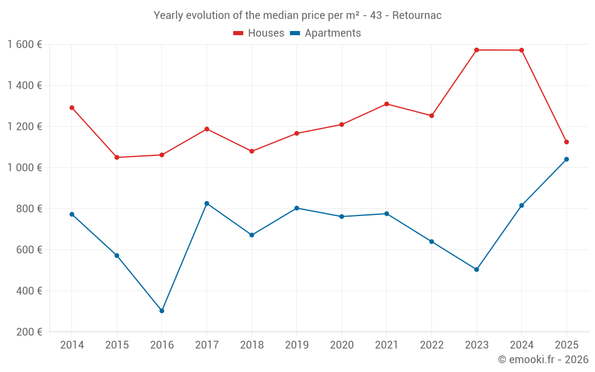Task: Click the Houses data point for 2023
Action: pos(477,50)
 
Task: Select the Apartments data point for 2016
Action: pos(162,311)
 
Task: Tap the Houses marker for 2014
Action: pos(72,108)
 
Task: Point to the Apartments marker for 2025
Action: pos(566,159)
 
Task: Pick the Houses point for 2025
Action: pos(566,142)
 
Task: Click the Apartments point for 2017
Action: pos(207,204)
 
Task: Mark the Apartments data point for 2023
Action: pos(477,270)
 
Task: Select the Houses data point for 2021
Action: pos(387,104)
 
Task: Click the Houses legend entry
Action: pos(259,33)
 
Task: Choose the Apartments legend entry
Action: pos(325,33)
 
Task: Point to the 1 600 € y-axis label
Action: pos(24,44)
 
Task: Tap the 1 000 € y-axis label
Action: pos(24,167)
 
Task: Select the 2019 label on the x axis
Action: pos(297,345)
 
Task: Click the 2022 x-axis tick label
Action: pos(431,345)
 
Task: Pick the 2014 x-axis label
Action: pos(72,345)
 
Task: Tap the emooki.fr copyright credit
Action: pos(543,360)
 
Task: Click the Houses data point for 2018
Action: pos(252,151)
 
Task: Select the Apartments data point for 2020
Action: pos(342,217)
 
